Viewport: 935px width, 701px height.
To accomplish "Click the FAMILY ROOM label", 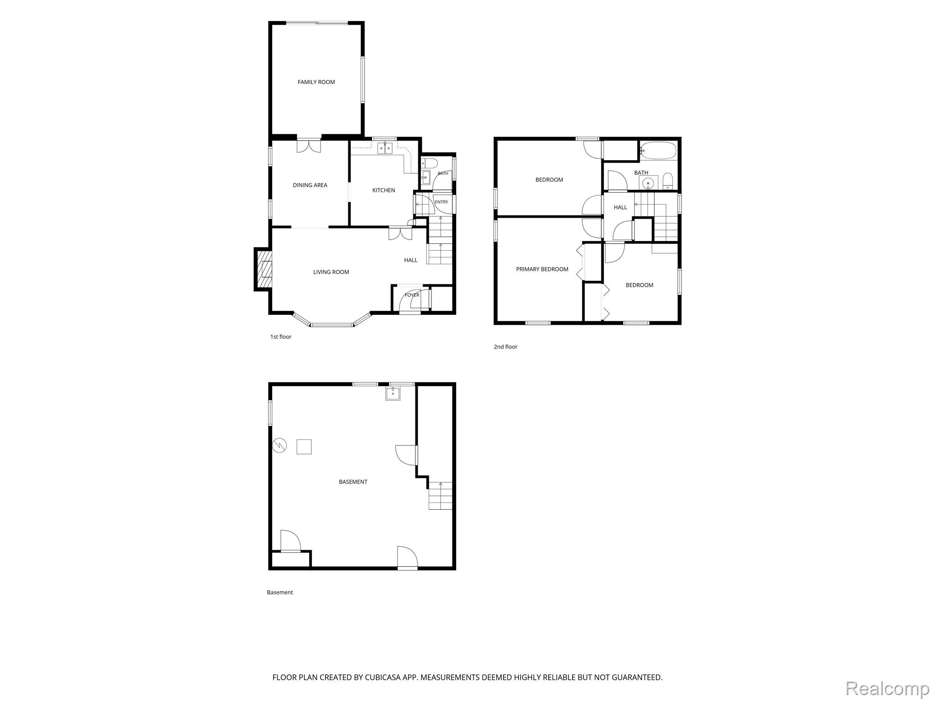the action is [316, 82].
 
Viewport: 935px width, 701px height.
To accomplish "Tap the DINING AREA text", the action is [310, 185].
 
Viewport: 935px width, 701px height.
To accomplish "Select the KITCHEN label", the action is [383, 190].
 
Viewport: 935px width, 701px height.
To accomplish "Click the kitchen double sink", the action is [385, 148].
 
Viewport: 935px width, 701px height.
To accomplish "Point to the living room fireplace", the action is [263, 269].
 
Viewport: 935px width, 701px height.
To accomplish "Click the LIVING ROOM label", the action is [331, 272].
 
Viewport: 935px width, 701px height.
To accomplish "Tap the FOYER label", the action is [412, 295].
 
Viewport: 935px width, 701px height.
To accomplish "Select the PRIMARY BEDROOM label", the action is [542, 269].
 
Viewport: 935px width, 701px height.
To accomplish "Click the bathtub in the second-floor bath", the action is [658, 151].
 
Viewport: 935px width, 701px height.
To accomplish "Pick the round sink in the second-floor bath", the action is [648, 183].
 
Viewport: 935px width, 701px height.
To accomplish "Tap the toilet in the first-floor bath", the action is [429, 163].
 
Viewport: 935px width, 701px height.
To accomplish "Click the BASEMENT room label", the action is [353, 482].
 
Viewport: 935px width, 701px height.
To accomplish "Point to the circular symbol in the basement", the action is [279, 445].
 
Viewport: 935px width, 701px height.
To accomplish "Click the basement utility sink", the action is [393, 393].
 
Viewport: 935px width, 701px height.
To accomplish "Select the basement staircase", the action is [441, 496].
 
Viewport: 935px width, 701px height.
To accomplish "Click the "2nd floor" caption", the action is [505, 347].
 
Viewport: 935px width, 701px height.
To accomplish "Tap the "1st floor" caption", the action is [281, 337].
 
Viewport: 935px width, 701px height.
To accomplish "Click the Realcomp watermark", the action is [887, 688].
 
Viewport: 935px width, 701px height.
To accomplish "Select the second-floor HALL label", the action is [620, 207].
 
